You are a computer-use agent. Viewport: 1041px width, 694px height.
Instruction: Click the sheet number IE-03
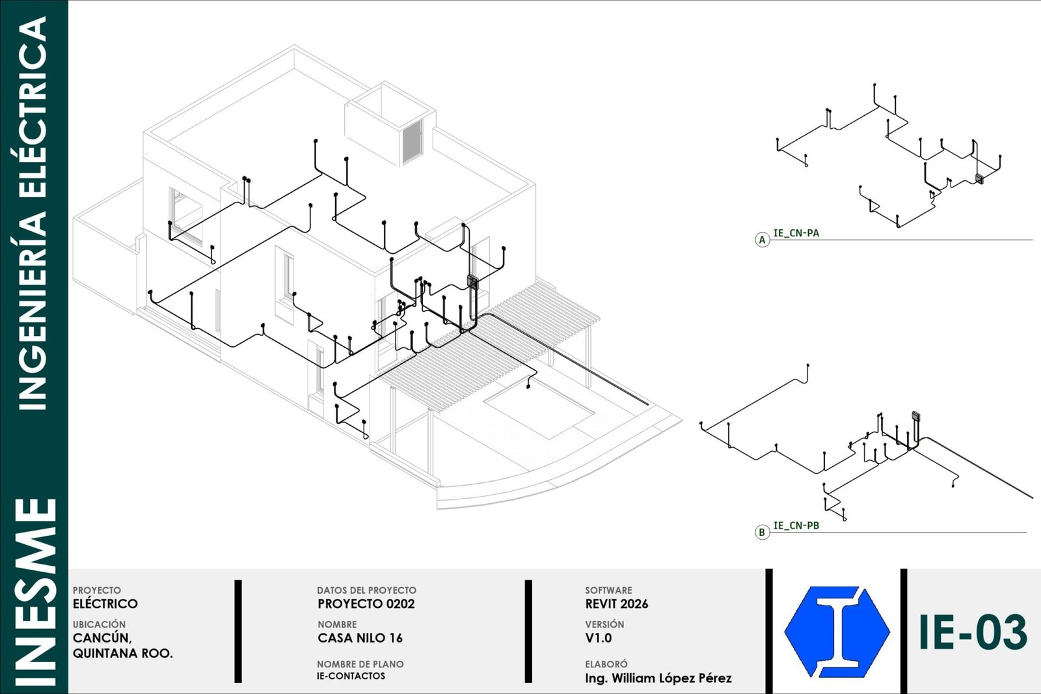point(973,633)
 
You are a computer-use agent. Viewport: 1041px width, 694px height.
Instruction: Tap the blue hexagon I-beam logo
point(837,632)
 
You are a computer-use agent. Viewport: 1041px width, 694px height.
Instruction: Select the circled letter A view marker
point(762,240)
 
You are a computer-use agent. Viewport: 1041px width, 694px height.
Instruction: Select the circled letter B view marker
point(762,532)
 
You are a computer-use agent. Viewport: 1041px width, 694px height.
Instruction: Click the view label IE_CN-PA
point(796,233)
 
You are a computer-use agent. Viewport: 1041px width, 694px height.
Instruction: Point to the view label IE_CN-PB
point(796,525)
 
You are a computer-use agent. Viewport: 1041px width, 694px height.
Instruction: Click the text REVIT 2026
point(616,604)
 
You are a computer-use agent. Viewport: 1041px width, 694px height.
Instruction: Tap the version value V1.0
point(598,638)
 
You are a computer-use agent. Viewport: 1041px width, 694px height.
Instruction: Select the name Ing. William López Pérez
point(658,678)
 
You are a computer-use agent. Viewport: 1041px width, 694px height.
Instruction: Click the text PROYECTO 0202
point(366,604)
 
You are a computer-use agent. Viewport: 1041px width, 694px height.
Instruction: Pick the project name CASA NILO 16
point(360,638)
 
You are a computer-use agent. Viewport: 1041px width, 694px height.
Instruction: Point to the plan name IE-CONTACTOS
point(351,676)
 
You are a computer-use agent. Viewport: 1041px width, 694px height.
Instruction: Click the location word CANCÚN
point(102,638)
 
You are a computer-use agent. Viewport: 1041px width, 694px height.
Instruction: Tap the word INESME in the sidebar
point(35,592)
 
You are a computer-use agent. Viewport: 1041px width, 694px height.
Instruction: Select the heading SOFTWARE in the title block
point(608,590)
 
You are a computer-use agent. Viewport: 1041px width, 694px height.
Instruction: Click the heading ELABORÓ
point(606,664)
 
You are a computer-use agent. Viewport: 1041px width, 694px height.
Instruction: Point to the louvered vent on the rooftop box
point(412,141)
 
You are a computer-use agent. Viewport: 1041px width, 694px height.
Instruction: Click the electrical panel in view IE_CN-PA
point(979,178)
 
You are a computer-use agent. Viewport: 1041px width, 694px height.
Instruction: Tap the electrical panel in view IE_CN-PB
point(916,416)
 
